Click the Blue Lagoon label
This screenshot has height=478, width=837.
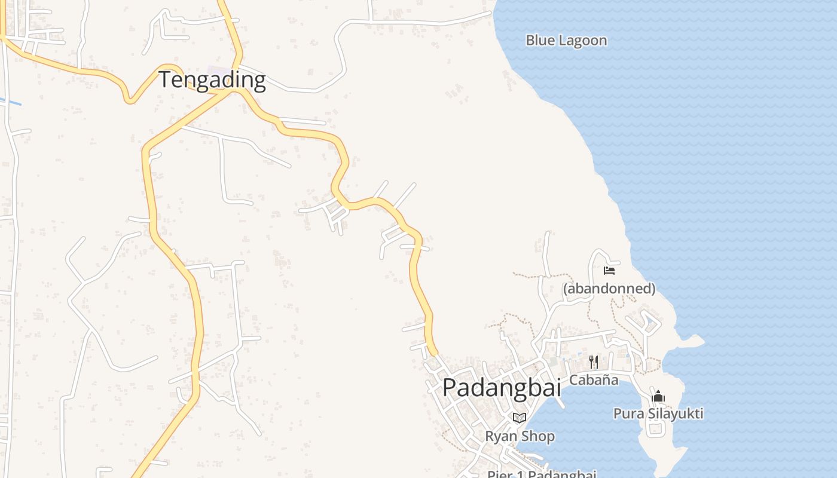click(566, 41)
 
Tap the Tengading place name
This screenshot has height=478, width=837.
click(212, 79)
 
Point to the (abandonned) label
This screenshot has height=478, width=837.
click(609, 289)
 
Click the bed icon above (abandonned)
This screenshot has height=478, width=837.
click(609, 270)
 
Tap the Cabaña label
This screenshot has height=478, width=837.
click(594, 380)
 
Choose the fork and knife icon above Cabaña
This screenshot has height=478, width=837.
click(593, 361)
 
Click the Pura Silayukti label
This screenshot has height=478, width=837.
click(658, 413)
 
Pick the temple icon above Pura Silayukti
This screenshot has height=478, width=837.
click(658, 396)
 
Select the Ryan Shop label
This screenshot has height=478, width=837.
click(520, 436)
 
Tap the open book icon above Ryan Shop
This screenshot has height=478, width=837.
click(520, 418)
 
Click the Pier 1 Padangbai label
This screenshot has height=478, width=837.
click(541, 474)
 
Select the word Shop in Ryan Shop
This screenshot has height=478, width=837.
click(538, 436)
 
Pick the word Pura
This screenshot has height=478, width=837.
click(627, 413)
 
